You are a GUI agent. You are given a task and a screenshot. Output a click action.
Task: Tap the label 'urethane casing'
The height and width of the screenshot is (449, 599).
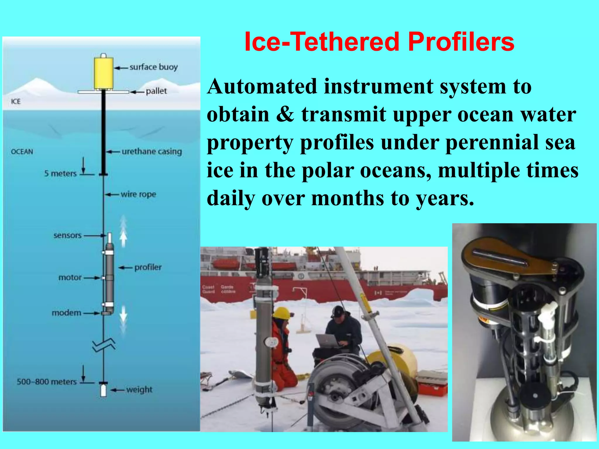click(x=152, y=151)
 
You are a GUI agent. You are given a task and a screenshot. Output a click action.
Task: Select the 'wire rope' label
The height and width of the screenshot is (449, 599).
click(x=138, y=194)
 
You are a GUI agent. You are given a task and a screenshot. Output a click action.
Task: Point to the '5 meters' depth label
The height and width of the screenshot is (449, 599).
click(x=60, y=174)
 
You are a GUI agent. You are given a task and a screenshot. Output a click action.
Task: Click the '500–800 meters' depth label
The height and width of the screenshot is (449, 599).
click(x=47, y=382)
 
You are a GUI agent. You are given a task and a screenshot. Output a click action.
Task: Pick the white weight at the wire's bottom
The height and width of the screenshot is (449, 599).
click(x=103, y=391)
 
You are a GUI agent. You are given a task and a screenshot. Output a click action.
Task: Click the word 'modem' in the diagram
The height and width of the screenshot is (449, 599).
click(x=66, y=313)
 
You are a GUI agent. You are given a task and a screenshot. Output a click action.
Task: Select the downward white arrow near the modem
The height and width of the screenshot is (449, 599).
click(x=123, y=314)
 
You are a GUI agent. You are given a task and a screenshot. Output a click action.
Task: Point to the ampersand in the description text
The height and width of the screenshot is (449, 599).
click(x=285, y=114)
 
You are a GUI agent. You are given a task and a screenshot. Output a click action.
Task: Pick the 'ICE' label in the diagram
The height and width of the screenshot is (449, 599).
click(x=16, y=102)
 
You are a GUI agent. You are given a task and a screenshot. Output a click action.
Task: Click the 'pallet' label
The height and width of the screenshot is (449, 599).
click(x=156, y=91)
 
